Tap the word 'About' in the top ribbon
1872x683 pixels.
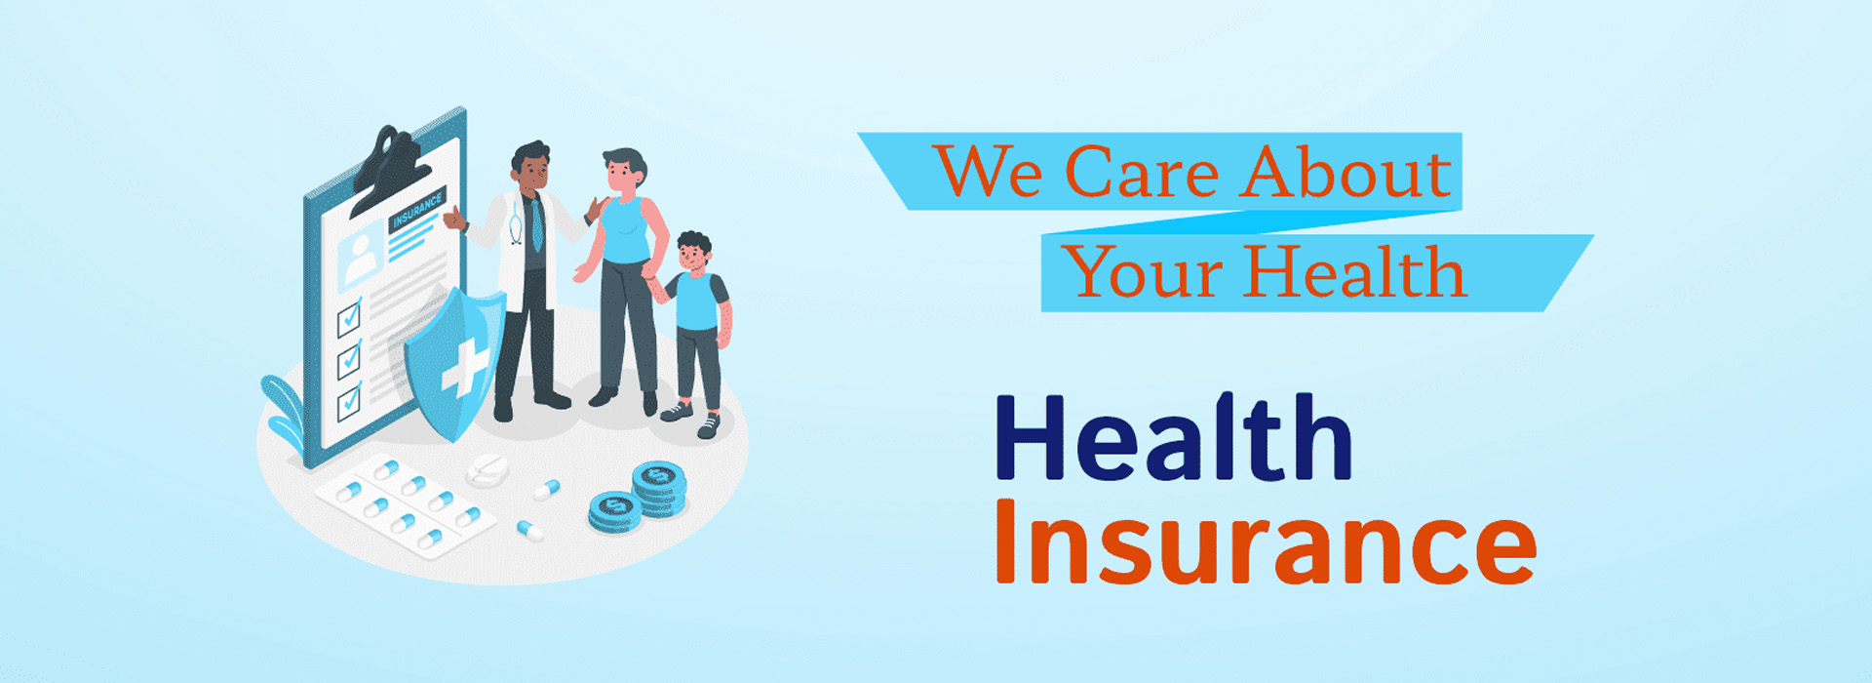[x=1346, y=173]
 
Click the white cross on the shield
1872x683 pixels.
[x=465, y=368]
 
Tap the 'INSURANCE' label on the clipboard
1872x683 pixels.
[x=417, y=210]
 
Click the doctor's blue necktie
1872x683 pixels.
[x=536, y=225]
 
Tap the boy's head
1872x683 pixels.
[x=694, y=253]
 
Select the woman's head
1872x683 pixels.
[x=624, y=173]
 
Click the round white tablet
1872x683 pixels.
[x=487, y=469]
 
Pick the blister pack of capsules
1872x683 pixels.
[x=405, y=504]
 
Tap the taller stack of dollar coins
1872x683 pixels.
[x=658, y=488]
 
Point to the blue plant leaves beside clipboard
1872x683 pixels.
[x=284, y=411]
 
